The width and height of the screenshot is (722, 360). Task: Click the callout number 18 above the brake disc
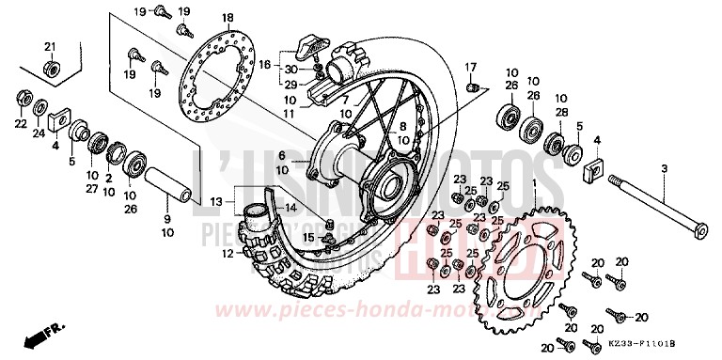pyautogui.click(x=227, y=19)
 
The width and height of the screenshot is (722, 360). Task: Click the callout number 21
pyautogui.click(x=51, y=46)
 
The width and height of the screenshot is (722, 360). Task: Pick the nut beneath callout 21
pyautogui.click(x=53, y=68)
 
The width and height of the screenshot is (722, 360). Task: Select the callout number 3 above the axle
pyautogui.click(x=664, y=168)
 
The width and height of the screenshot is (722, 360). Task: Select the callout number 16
pyautogui.click(x=265, y=64)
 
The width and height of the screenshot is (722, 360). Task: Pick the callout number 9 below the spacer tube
pyautogui.click(x=166, y=219)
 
